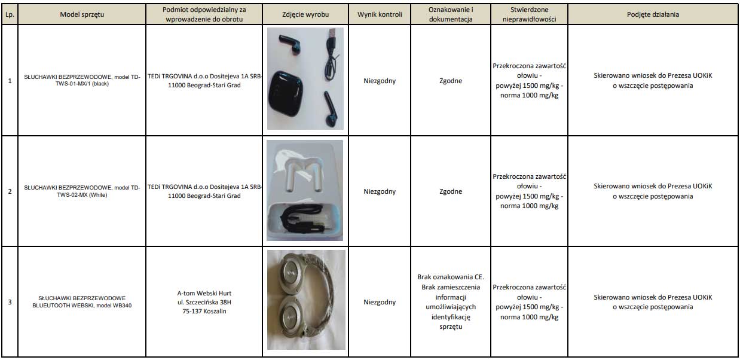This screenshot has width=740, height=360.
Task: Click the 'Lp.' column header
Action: pos(9,14)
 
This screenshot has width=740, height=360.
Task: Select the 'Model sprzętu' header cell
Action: pos(82,14)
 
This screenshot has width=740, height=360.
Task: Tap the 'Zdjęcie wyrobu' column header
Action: pos(305,14)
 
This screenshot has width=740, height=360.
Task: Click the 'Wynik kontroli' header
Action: pos(380,14)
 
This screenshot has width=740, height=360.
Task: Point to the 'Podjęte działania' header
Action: pos(653,14)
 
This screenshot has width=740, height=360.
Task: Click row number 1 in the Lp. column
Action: pos(9,81)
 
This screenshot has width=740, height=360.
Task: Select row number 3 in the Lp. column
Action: pos(9,302)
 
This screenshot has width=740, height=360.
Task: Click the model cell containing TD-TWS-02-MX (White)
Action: pos(82,191)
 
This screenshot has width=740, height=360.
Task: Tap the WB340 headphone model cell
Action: pos(82,301)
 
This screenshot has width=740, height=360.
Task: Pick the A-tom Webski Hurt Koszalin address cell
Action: pos(204,302)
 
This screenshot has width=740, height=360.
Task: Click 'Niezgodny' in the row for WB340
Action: pos(380,302)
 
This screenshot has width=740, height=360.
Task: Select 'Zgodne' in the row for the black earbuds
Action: pos(451,81)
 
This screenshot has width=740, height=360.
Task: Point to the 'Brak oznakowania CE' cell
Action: pos(451,302)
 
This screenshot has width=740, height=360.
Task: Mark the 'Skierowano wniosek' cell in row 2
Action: pos(653,191)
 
